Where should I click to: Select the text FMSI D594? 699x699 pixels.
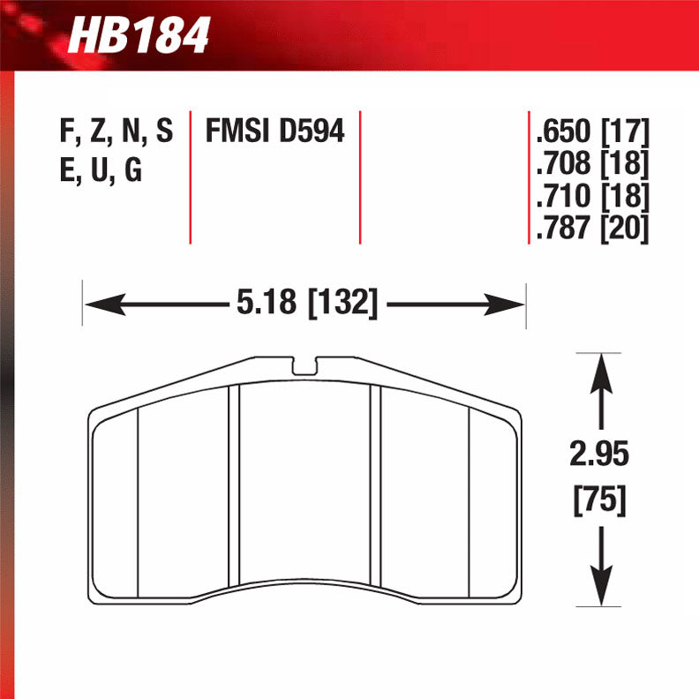pyautogui.click(x=274, y=132)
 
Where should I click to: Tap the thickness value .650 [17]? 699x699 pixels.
pyautogui.click(x=591, y=133)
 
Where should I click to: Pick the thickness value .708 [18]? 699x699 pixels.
pyautogui.click(x=591, y=164)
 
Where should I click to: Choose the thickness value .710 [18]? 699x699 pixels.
pyautogui.click(x=591, y=195)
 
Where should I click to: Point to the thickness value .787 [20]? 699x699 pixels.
pyautogui.click(x=591, y=228)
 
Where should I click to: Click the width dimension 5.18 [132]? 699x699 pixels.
pyautogui.click(x=306, y=305)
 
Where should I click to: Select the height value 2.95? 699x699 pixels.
pyautogui.click(x=599, y=456)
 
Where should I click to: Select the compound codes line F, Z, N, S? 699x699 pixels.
pyautogui.click(x=116, y=132)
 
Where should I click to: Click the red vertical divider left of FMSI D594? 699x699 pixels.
pyautogui.click(x=191, y=177)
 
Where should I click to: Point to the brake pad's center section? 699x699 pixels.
pyautogui.click(x=306, y=485)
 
